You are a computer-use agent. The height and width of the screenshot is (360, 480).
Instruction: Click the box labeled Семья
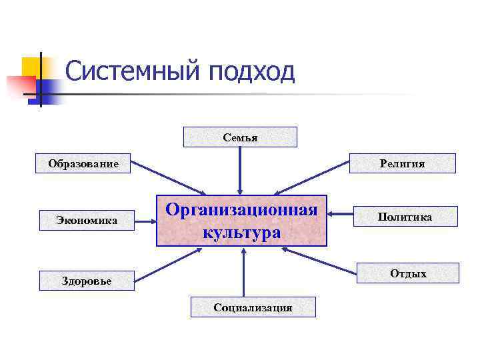pos(240,137)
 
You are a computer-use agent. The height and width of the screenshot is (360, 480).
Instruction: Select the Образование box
pos(83,163)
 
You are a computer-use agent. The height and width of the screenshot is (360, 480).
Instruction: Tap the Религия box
pos(402,163)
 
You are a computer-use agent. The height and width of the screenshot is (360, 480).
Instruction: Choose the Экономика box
pos(87,219)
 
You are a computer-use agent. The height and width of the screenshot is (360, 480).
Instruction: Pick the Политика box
pos(404,217)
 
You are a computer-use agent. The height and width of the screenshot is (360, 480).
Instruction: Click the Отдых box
pos(408,273)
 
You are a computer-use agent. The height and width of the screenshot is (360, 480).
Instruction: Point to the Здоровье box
pos(87,281)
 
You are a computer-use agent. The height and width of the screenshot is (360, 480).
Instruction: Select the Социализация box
pos(253,307)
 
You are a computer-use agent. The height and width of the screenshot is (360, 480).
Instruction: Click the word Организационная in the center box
pos(241,210)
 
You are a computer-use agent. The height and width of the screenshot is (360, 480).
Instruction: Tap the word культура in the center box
pos(241,233)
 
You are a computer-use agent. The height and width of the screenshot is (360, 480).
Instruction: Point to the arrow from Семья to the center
pos(240,170)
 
